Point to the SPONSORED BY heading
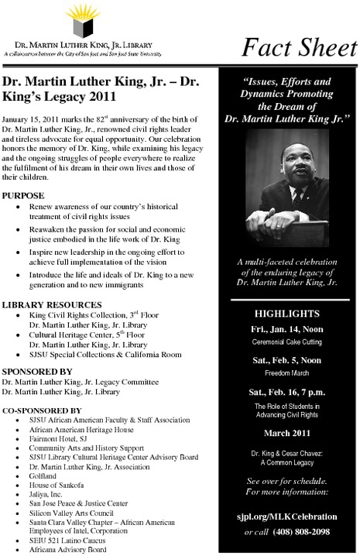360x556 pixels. pyautogui.click(x=36, y=372)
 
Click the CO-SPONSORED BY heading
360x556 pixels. pyautogui.click(x=42, y=409)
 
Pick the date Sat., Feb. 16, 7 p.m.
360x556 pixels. pyautogui.click(x=288, y=391)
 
